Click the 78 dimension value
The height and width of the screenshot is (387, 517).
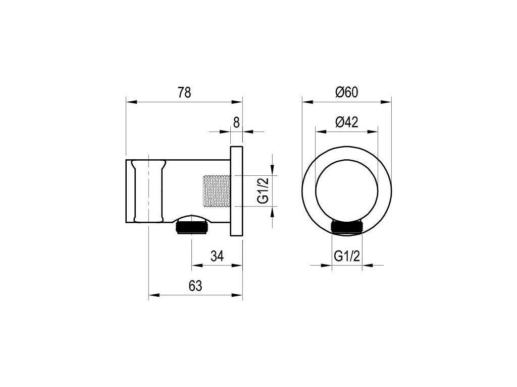[184, 93]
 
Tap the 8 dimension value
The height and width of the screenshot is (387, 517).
[236, 123]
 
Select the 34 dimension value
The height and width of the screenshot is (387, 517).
[217, 255]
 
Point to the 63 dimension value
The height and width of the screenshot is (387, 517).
[195, 286]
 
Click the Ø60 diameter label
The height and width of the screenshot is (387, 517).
[346, 93]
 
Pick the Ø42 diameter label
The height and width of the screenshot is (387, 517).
[346, 122]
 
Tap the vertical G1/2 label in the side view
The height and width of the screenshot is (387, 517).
[263, 190]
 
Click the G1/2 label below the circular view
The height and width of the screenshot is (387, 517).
[346, 255]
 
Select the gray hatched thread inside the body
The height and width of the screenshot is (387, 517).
[216, 192]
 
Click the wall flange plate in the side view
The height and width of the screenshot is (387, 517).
[236, 190]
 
